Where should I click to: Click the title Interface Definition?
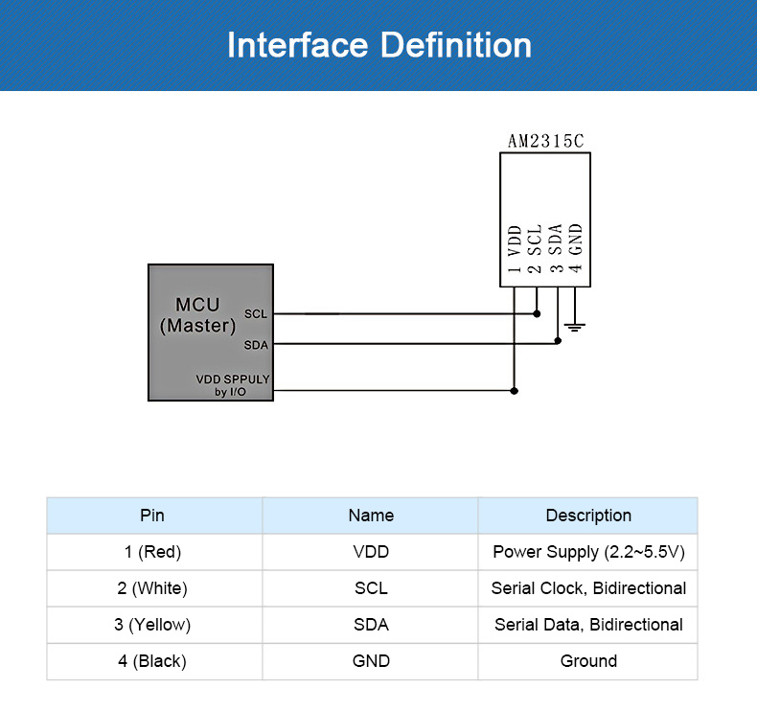378,45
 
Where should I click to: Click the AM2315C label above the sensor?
545,141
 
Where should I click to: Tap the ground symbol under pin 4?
575,327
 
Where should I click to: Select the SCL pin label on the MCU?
256,314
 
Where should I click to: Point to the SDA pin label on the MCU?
256,345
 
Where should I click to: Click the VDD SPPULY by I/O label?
233,385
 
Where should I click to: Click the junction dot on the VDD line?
515,391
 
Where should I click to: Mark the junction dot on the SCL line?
537,313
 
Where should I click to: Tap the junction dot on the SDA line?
558,341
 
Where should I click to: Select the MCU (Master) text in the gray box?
197,315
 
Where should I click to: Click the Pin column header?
152,516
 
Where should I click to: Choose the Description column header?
588,516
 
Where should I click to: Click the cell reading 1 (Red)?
152,552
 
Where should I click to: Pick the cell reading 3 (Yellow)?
152,625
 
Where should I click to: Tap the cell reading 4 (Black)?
152,661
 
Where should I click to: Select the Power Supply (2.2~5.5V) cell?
588,552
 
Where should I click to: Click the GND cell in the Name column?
371,661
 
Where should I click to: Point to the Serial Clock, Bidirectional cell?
588,588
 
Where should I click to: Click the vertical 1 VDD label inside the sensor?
515,250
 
